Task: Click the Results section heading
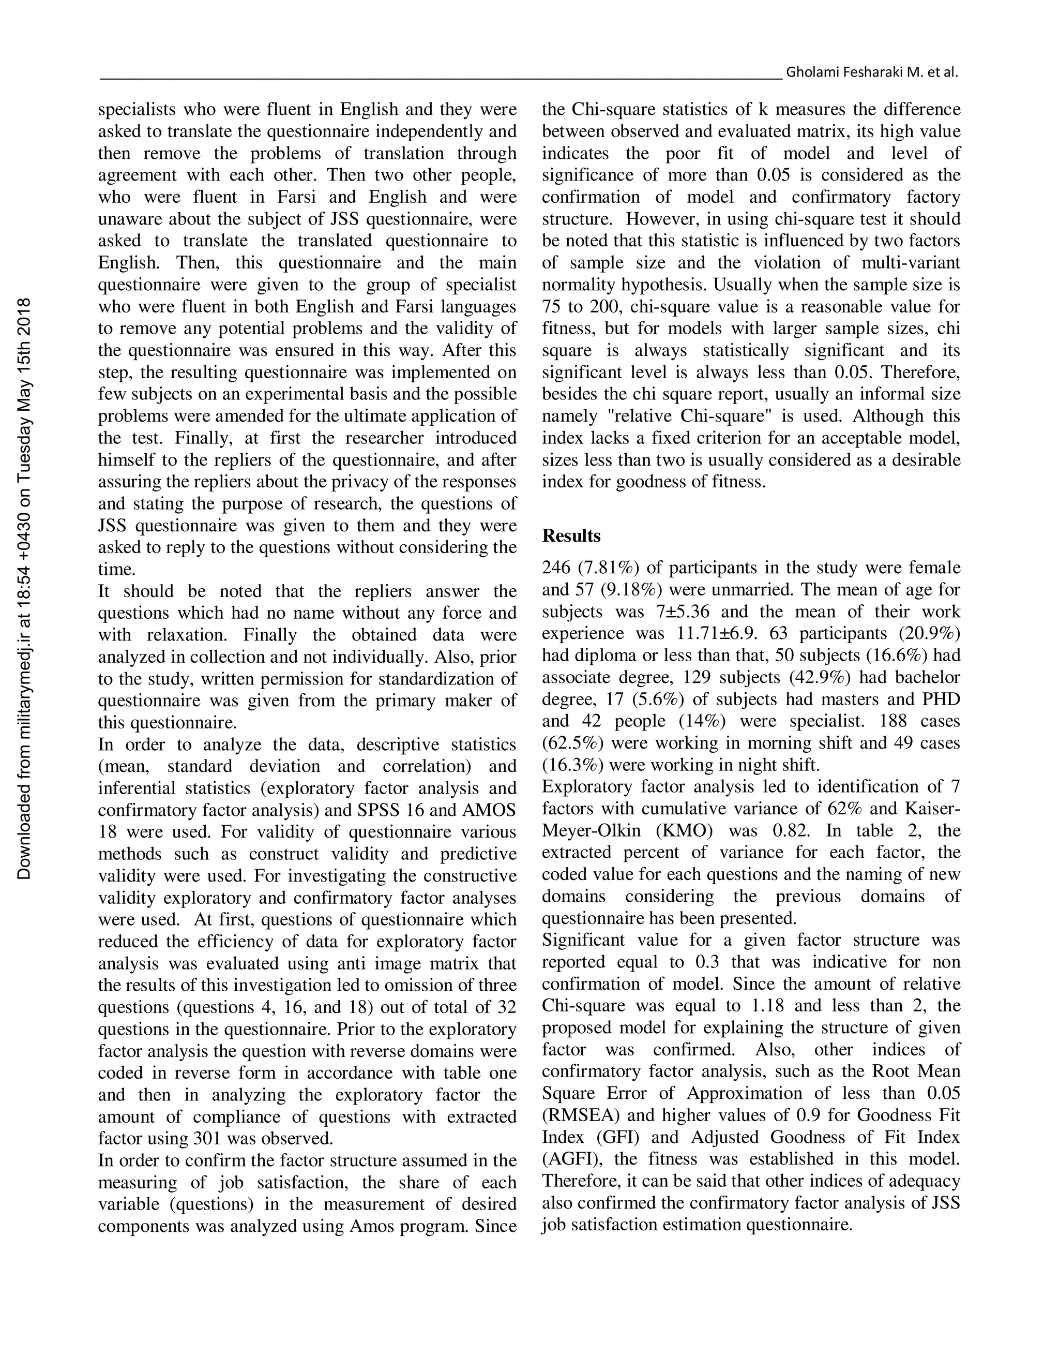pyautogui.click(x=571, y=536)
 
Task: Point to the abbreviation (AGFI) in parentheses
pyautogui.click(x=568, y=1159)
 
